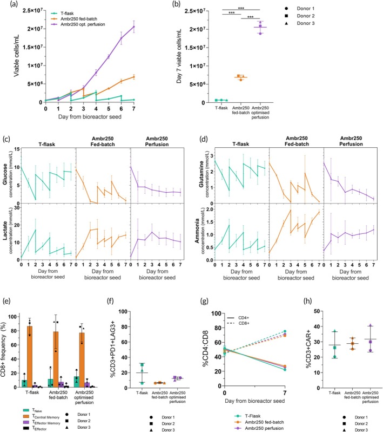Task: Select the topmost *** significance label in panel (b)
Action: click(246, 8)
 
